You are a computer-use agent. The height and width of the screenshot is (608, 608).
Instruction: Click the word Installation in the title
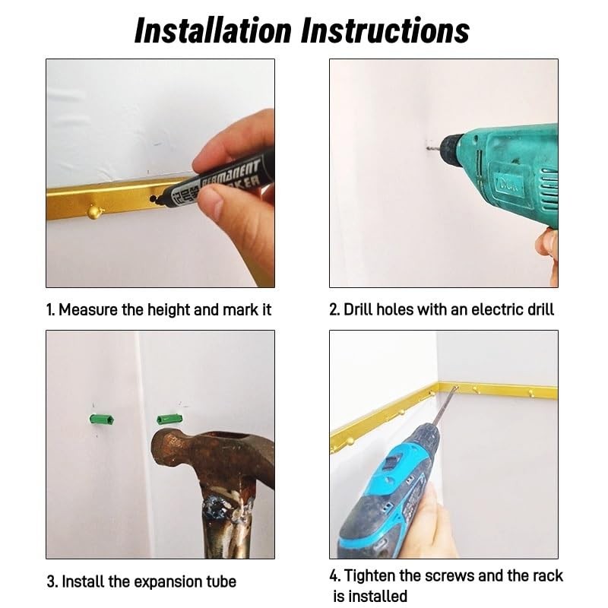click(213, 30)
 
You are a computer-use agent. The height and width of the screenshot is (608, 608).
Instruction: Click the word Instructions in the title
click(385, 30)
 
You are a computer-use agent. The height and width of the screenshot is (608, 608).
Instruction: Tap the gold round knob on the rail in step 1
click(94, 212)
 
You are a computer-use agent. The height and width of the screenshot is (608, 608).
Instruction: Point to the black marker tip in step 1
click(154, 198)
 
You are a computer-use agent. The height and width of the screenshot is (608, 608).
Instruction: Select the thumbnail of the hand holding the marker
click(160, 173)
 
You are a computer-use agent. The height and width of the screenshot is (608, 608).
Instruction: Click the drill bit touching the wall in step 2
click(434, 147)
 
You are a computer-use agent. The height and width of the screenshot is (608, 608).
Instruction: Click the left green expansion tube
click(102, 420)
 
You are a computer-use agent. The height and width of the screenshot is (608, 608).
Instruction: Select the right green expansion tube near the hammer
click(169, 420)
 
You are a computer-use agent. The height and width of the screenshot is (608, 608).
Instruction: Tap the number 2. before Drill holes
click(334, 310)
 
